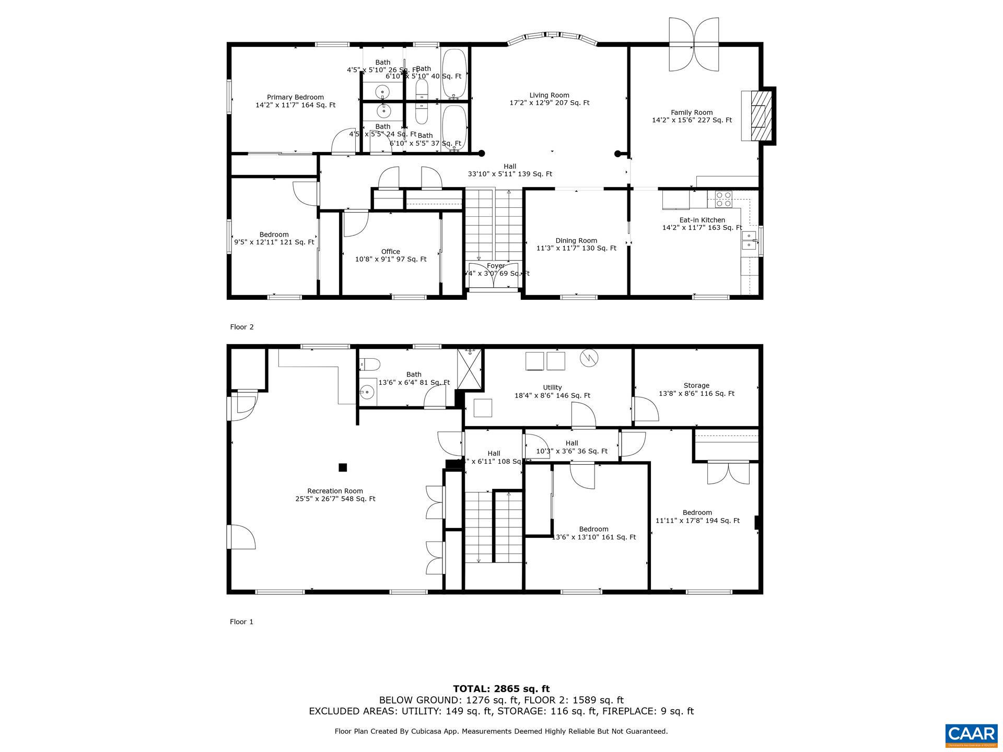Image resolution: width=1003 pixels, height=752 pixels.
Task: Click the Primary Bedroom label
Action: [x=295, y=101]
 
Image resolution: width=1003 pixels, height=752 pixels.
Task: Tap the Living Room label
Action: [x=549, y=99]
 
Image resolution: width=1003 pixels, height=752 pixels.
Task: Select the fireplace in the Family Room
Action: [x=758, y=116]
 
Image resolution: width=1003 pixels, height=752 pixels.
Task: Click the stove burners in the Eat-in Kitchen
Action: [x=724, y=198]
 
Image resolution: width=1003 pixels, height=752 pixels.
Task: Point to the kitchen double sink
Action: [x=749, y=240]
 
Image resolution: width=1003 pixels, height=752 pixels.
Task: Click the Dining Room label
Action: [x=576, y=244]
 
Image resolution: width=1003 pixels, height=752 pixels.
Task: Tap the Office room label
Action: [x=390, y=255]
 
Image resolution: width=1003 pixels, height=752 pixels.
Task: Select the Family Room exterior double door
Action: [x=694, y=45]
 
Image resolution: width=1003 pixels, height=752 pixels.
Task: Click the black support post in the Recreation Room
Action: [x=343, y=467]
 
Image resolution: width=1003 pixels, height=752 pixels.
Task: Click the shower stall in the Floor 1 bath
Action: [x=470, y=369]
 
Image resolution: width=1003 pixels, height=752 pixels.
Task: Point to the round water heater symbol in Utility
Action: [x=589, y=358]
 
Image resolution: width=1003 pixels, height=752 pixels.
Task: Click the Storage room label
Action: [x=696, y=389]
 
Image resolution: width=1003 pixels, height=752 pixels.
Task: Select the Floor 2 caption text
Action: [x=241, y=327]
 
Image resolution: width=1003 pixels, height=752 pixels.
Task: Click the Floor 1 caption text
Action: [x=241, y=621]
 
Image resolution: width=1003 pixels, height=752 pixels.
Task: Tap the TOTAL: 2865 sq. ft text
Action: [x=501, y=689]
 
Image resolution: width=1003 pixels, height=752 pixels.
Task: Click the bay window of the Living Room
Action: [x=552, y=38]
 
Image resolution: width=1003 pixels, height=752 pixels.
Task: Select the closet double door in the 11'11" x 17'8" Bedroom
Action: [x=728, y=473]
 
